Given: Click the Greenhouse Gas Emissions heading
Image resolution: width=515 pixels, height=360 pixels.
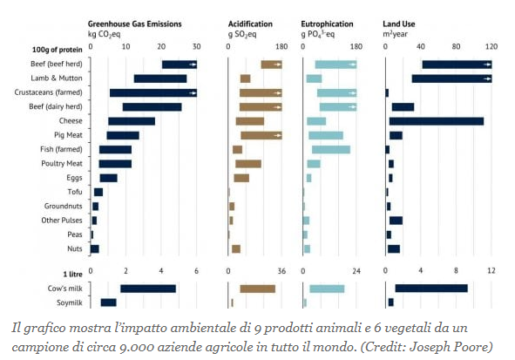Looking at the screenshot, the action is [135, 24].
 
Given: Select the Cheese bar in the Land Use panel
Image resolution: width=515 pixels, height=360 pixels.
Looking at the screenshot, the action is [437, 121].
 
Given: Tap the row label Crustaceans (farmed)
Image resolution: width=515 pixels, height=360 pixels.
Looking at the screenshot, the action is [48, 92].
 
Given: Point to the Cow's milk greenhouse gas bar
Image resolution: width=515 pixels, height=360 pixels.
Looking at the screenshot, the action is [148, 289].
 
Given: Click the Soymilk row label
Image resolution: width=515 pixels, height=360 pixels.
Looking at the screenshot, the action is [70, 302].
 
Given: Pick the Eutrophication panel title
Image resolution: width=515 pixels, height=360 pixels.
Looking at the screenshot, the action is [327, 24].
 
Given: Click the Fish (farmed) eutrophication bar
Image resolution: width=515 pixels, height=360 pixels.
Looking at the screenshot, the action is [331, 150].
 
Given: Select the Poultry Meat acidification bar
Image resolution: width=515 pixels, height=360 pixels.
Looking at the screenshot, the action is [248, 164].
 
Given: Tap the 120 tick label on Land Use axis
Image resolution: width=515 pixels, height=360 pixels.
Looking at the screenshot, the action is [491, 47].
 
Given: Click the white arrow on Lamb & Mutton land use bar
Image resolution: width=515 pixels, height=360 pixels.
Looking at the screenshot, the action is [487, 78].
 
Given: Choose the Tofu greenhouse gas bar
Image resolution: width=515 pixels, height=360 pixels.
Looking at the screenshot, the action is [98, 192].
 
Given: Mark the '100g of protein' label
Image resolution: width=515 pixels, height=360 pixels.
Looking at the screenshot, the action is [58, 50].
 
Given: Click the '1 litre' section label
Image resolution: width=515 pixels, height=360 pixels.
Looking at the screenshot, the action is [73, 275].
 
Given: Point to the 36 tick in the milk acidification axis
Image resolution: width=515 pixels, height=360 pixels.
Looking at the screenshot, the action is [281, 271].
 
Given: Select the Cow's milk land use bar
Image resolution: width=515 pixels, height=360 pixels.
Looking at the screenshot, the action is [431, 289].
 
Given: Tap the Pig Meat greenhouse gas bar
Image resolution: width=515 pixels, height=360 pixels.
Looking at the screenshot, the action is [123, 136].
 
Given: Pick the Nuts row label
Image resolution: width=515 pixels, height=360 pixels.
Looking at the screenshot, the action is [75, 248].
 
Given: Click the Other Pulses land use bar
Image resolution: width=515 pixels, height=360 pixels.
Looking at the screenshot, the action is [396, 221].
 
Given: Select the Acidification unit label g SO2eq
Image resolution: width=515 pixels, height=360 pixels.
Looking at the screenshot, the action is [242, 35].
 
